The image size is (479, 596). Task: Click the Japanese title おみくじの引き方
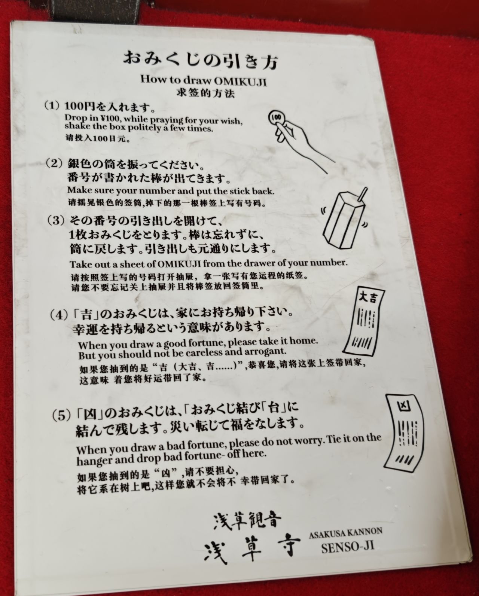[x=200, y=60]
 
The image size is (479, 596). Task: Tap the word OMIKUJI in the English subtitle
[x=240, y=82]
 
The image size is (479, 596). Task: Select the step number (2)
[x=54, y=163]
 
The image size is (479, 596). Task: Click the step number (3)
[x=56, y=220]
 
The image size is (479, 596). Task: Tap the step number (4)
[x=59, y=315]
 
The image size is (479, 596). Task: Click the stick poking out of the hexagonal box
[x=363, y=195]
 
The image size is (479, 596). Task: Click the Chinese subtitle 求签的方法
[x=205, y=94]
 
